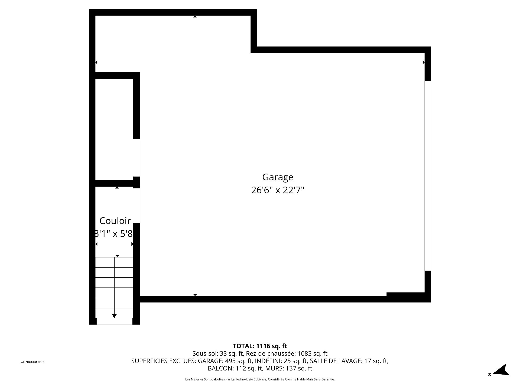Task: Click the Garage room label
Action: point(278,177)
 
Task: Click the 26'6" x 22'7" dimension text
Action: point(278,190)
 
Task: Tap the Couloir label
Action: point(115,221)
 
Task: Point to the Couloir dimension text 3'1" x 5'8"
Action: point(114,233)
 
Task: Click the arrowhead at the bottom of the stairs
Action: point(114,316)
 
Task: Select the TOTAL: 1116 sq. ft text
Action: point(260,346)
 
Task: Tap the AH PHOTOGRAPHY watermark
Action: point(32,362)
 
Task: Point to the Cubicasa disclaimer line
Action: point(260,379)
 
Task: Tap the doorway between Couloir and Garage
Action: point(136,205)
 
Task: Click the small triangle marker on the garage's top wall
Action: point(195,17)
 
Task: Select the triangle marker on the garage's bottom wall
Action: point(195,295)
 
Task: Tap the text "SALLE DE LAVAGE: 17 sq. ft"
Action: point(349,361)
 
